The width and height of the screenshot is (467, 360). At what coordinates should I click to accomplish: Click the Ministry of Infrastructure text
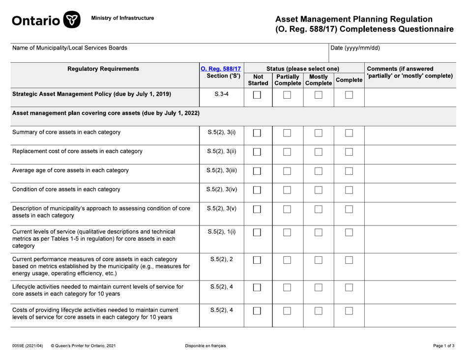tap(122, 18)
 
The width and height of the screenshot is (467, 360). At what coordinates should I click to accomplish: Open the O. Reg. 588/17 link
tap(220, 69)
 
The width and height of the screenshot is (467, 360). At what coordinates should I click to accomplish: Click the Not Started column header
tap(257, 81)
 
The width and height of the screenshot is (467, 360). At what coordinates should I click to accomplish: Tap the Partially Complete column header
tap(288, 81)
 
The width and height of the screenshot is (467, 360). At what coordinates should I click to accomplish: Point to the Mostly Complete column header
tap(319, 81)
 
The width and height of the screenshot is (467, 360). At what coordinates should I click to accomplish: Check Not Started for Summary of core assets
tap(257, 133)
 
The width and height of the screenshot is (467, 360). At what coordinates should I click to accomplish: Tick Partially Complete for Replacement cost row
tap(288, 152)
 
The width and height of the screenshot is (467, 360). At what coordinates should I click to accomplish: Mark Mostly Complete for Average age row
tap(319, 171)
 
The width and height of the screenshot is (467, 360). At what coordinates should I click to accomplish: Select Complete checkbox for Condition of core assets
tap(349, 190)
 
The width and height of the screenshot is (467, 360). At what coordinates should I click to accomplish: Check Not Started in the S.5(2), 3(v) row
tap(257, 210)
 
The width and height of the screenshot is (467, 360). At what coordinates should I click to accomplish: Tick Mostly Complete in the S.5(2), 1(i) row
tap(319, 233)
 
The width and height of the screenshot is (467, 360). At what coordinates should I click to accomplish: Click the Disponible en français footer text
tap(205, 346)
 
